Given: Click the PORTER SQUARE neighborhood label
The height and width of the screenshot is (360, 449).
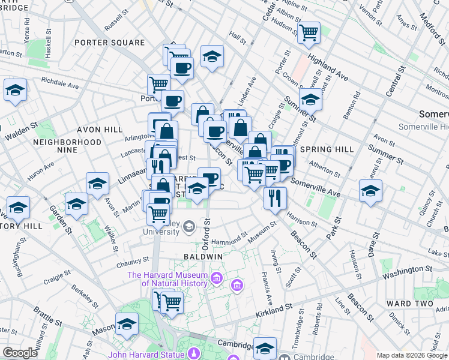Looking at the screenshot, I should pos(109,43).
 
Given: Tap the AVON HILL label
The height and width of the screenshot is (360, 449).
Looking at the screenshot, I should pos(99,130).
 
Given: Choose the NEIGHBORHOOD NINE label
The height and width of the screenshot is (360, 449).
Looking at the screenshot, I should pos(67,146).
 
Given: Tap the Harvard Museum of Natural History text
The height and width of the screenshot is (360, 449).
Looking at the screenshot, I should pos(167,280).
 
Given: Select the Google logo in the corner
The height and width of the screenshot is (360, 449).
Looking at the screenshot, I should pos(20,353).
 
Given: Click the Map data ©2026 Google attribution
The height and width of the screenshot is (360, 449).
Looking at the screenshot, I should pos(412,355).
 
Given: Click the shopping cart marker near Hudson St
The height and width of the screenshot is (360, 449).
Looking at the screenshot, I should pos(309,32).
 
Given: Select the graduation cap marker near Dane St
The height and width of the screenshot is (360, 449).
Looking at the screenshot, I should pos(370,191).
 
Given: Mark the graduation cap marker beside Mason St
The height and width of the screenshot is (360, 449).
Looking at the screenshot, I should pos(127,324).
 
